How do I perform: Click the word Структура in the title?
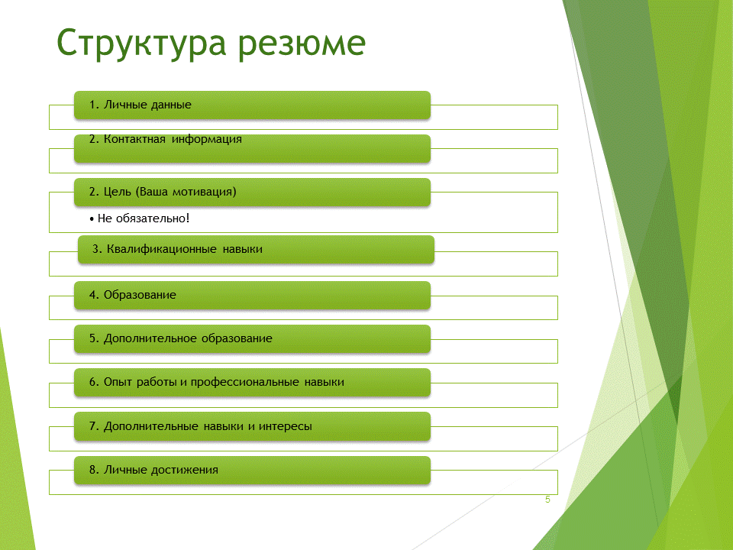[x=141, y=44]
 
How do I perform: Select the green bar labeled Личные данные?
[x=252, y=105]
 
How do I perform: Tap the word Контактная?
[x=134, y=139]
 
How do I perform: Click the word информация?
[x=207, y=139]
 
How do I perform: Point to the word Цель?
[x=118, y=192]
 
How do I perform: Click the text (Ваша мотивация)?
[x=186, y=192]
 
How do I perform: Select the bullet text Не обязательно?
[x=144, y=218]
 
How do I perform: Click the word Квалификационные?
[x=162, y=249]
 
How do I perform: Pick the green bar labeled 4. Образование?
[x=252, y=295]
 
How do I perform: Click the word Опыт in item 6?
[x=118, y=382]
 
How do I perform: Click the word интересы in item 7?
[x=285, y=426]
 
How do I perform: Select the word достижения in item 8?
[x=184, y=470]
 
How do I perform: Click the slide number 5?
[x=547, y=500]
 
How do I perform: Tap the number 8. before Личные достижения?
[x=94, y=470]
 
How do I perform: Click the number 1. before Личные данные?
[x=94, y=105]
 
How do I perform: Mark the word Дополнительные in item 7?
[x=150, y=426]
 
